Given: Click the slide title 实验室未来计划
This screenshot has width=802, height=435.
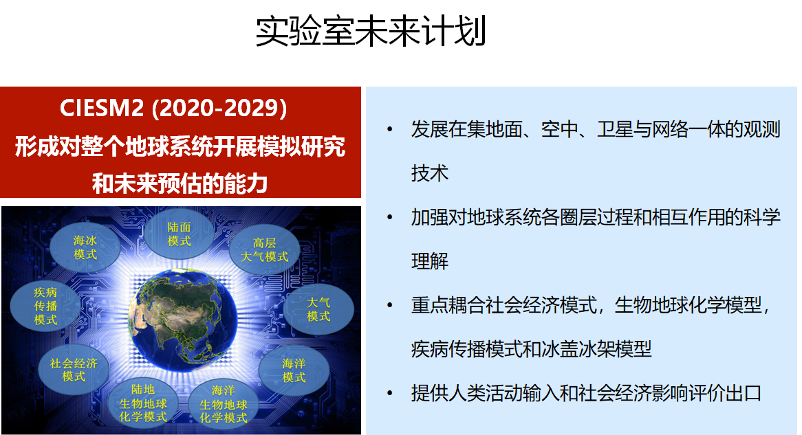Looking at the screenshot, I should (x=371, y=32).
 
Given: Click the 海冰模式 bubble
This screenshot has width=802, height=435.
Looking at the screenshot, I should (x=85, y=247).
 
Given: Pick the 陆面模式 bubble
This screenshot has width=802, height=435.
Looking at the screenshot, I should (x=180, y=234).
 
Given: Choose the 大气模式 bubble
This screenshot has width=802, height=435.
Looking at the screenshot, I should (x=318, y=309).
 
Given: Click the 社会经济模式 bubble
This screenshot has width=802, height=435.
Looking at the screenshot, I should (x=74, y=370).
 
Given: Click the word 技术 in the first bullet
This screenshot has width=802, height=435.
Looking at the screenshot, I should (x=429, y=174).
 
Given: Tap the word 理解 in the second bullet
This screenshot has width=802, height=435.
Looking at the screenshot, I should (x=429, y=262).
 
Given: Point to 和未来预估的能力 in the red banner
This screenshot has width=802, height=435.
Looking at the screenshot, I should (x=180, y=183).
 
